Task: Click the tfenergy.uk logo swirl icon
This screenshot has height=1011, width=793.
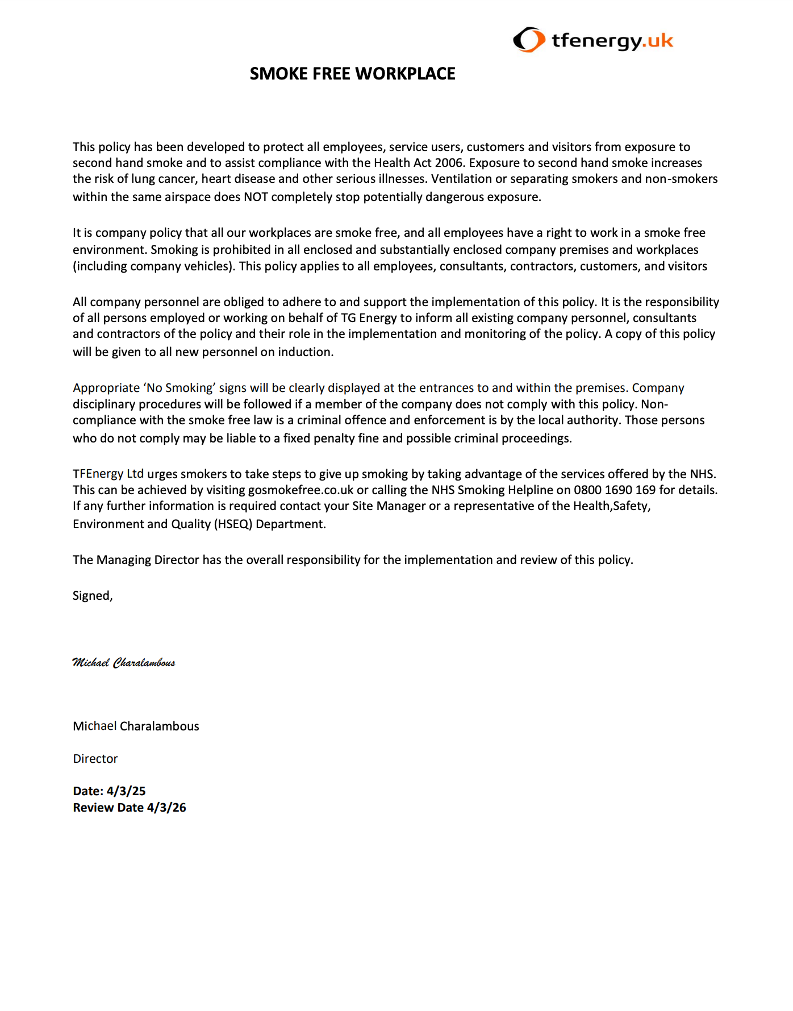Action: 528,40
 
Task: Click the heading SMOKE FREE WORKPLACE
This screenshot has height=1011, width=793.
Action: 352,74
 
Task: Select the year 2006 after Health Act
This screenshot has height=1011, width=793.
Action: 449,163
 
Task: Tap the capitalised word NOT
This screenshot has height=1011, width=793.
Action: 256,197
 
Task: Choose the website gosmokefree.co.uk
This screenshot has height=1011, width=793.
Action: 300,490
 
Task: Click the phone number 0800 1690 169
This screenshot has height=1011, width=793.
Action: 614,490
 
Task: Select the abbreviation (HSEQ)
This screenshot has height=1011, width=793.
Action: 233,524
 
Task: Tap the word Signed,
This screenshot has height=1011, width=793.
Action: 93,596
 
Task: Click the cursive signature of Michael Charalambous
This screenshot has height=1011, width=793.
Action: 124,663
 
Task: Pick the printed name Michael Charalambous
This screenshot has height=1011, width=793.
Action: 136,726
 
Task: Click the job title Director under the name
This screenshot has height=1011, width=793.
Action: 95,759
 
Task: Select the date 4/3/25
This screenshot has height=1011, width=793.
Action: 126,791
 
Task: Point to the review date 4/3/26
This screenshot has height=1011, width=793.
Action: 166,808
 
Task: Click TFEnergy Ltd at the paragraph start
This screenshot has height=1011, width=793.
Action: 108,474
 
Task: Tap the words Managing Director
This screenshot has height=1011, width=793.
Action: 148,560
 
